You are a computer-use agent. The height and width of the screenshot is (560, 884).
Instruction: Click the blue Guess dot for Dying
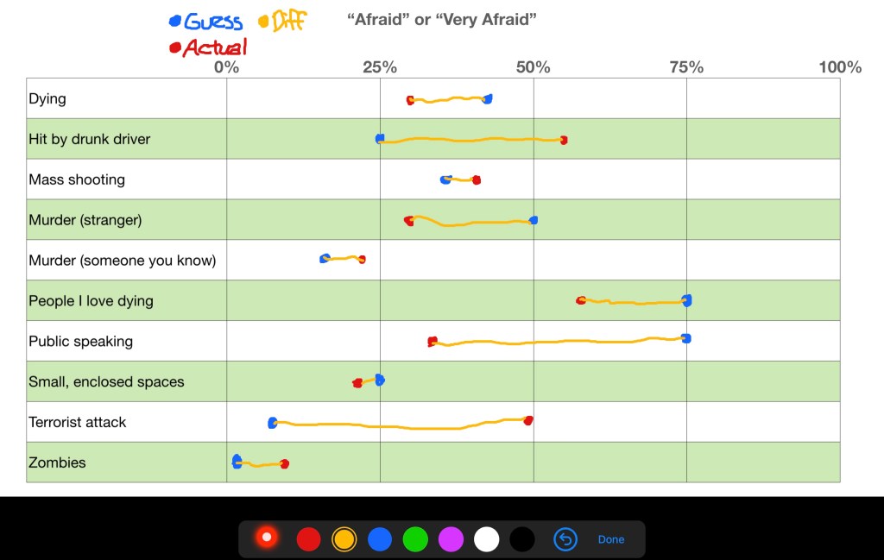pos(488,99)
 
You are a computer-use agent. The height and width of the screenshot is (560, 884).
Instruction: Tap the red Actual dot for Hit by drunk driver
pos(564,140)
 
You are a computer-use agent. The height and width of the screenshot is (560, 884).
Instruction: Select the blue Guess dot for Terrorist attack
pos(273,423)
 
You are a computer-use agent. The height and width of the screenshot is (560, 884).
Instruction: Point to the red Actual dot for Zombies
pos(284,464)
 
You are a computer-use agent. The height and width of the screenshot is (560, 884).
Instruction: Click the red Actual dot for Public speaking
pos(433,342)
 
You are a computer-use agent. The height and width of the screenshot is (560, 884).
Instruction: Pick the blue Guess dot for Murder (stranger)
pos(534,220)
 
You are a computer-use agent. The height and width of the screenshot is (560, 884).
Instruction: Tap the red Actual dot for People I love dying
pos(581,300)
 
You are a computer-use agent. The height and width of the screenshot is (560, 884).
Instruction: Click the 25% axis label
pos(380,67)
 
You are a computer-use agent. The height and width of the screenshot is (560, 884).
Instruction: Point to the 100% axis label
pos(839,67)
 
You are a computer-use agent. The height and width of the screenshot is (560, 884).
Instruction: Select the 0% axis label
pos(226,67)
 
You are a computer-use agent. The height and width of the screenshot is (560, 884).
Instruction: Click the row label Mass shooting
pos(77,179)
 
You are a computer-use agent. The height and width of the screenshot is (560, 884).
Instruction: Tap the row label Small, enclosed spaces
pos(106,381)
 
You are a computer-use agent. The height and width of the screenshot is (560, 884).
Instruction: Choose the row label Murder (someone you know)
pos(122,261)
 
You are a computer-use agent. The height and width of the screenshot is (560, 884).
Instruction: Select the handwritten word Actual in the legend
pos(214,47)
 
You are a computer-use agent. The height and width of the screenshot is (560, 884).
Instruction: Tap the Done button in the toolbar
pos(610,539)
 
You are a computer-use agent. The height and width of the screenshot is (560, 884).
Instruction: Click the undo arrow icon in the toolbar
pos(565,539)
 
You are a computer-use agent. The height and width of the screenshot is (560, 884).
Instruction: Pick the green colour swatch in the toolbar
pos(415,539)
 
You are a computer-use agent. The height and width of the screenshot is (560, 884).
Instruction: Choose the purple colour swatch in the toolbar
pos(451,539)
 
